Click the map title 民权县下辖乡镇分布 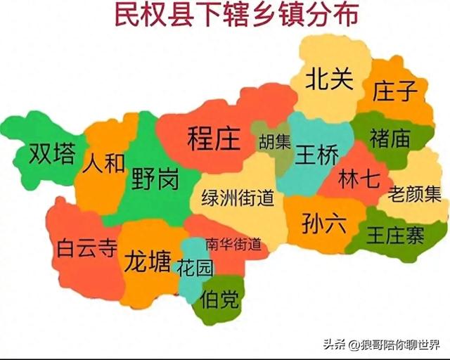[x=226, y=16]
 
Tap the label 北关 [x=328, y=79]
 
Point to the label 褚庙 [x=390, y=138]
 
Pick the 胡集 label [x=274, y=142]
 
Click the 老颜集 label [x=416, y=191]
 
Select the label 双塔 [x=51, y=155]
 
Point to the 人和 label [x=103, y=164]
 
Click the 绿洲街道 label [x=238, y=198]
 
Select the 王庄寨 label [x=395, y=236]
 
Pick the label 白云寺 [x=86, y=248]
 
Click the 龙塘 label [x=147, y=262]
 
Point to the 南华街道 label [x=233, y=245]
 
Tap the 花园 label [x=194, y=268]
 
